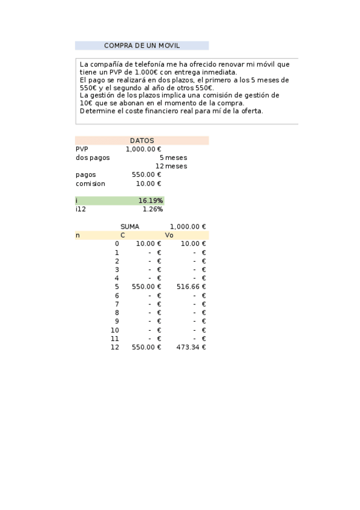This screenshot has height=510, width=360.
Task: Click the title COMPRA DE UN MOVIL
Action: pyautogui.click(x=142, y=46)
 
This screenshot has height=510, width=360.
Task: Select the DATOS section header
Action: pyautogui.click(x=142, y=141)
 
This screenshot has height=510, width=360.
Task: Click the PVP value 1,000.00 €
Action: pyautogui.click(x=144, y=149)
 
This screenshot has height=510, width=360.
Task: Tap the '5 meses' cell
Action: pyautogui.click(x=173, y=158)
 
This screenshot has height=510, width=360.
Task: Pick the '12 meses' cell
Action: pyautogui.click(x=171, y=167)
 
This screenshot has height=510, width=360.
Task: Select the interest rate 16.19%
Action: pyautogui.click(x=150, y=201)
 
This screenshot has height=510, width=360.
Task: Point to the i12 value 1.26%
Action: pyautogui.click(x=153, y=209)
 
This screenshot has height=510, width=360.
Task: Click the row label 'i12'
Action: pyautogui.click(x=80, y=209)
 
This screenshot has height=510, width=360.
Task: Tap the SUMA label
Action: pyautogui.click(x=130, y=227)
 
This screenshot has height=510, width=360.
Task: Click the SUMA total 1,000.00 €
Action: pyautogui.click(x=188, y=227)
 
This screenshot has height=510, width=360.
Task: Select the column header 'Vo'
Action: pyautogui.click(x=169, y=235)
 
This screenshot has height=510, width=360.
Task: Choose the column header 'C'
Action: pyautogui.click(x=123, y=235)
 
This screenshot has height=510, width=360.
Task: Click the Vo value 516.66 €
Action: pyautogui.click(x=191, y=287)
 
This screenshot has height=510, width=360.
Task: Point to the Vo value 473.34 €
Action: pyautogui.click(x=191, y=348)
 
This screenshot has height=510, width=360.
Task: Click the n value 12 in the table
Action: pyautogui.click(x=115, y=348)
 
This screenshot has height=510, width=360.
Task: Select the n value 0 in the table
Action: pyautogui.click(x=117, y=244)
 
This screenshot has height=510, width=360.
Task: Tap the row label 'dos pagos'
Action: pyautogui.click(x=93, y=158)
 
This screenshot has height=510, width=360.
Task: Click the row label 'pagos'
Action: pyautogui.click(x=86, y=175)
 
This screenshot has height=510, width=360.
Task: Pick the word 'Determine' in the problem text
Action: pyautogui.click(x=96, y=111)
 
